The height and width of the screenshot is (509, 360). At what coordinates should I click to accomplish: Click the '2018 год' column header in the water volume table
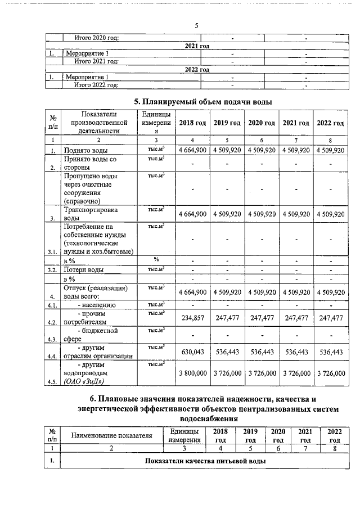[x=193, y=123]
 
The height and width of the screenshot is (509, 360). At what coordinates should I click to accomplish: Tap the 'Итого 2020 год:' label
[x=97, y=38]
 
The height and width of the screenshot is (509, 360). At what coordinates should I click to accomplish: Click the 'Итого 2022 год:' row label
[x=97, y=85]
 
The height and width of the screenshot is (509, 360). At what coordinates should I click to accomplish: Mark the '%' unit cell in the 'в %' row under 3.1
[x=156, y=260]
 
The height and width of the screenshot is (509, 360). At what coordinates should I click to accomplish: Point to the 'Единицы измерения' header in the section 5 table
[x=156, y=123]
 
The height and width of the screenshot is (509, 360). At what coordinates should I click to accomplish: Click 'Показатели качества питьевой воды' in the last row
[x=205, y=461]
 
